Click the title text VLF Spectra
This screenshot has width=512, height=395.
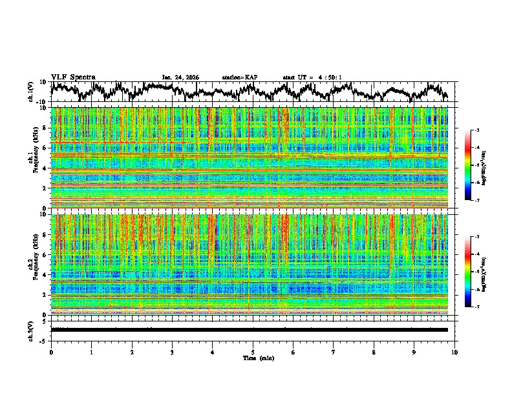pos(73,77)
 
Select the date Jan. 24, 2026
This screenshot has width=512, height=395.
pos(180,77)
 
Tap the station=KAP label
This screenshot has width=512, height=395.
pos(239,77)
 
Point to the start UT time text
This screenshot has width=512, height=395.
pos(312,77)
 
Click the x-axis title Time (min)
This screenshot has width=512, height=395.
pos(253,358)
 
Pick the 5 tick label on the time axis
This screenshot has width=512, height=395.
pos(253,352)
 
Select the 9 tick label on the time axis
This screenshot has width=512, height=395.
pos(414,352)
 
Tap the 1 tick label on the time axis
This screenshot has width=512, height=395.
pos(91,352)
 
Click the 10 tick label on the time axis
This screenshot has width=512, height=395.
pos(454,352)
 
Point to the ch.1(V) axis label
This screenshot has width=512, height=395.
pos(32,92)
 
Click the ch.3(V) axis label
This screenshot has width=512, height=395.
pos(32,329)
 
